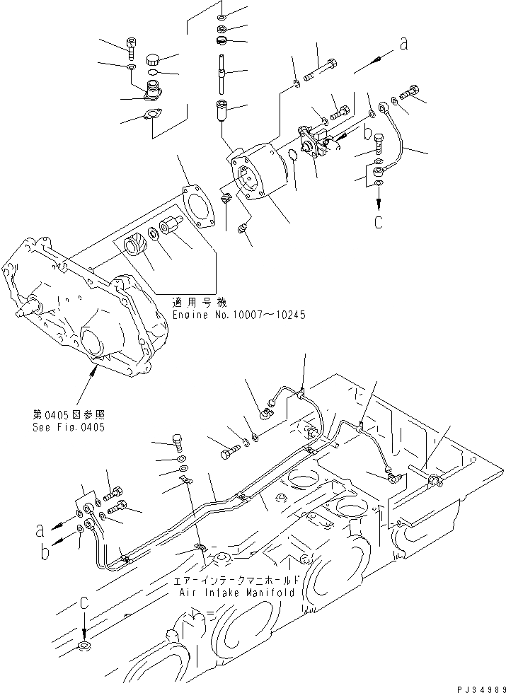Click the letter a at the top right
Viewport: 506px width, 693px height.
[x=404, y=44]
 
